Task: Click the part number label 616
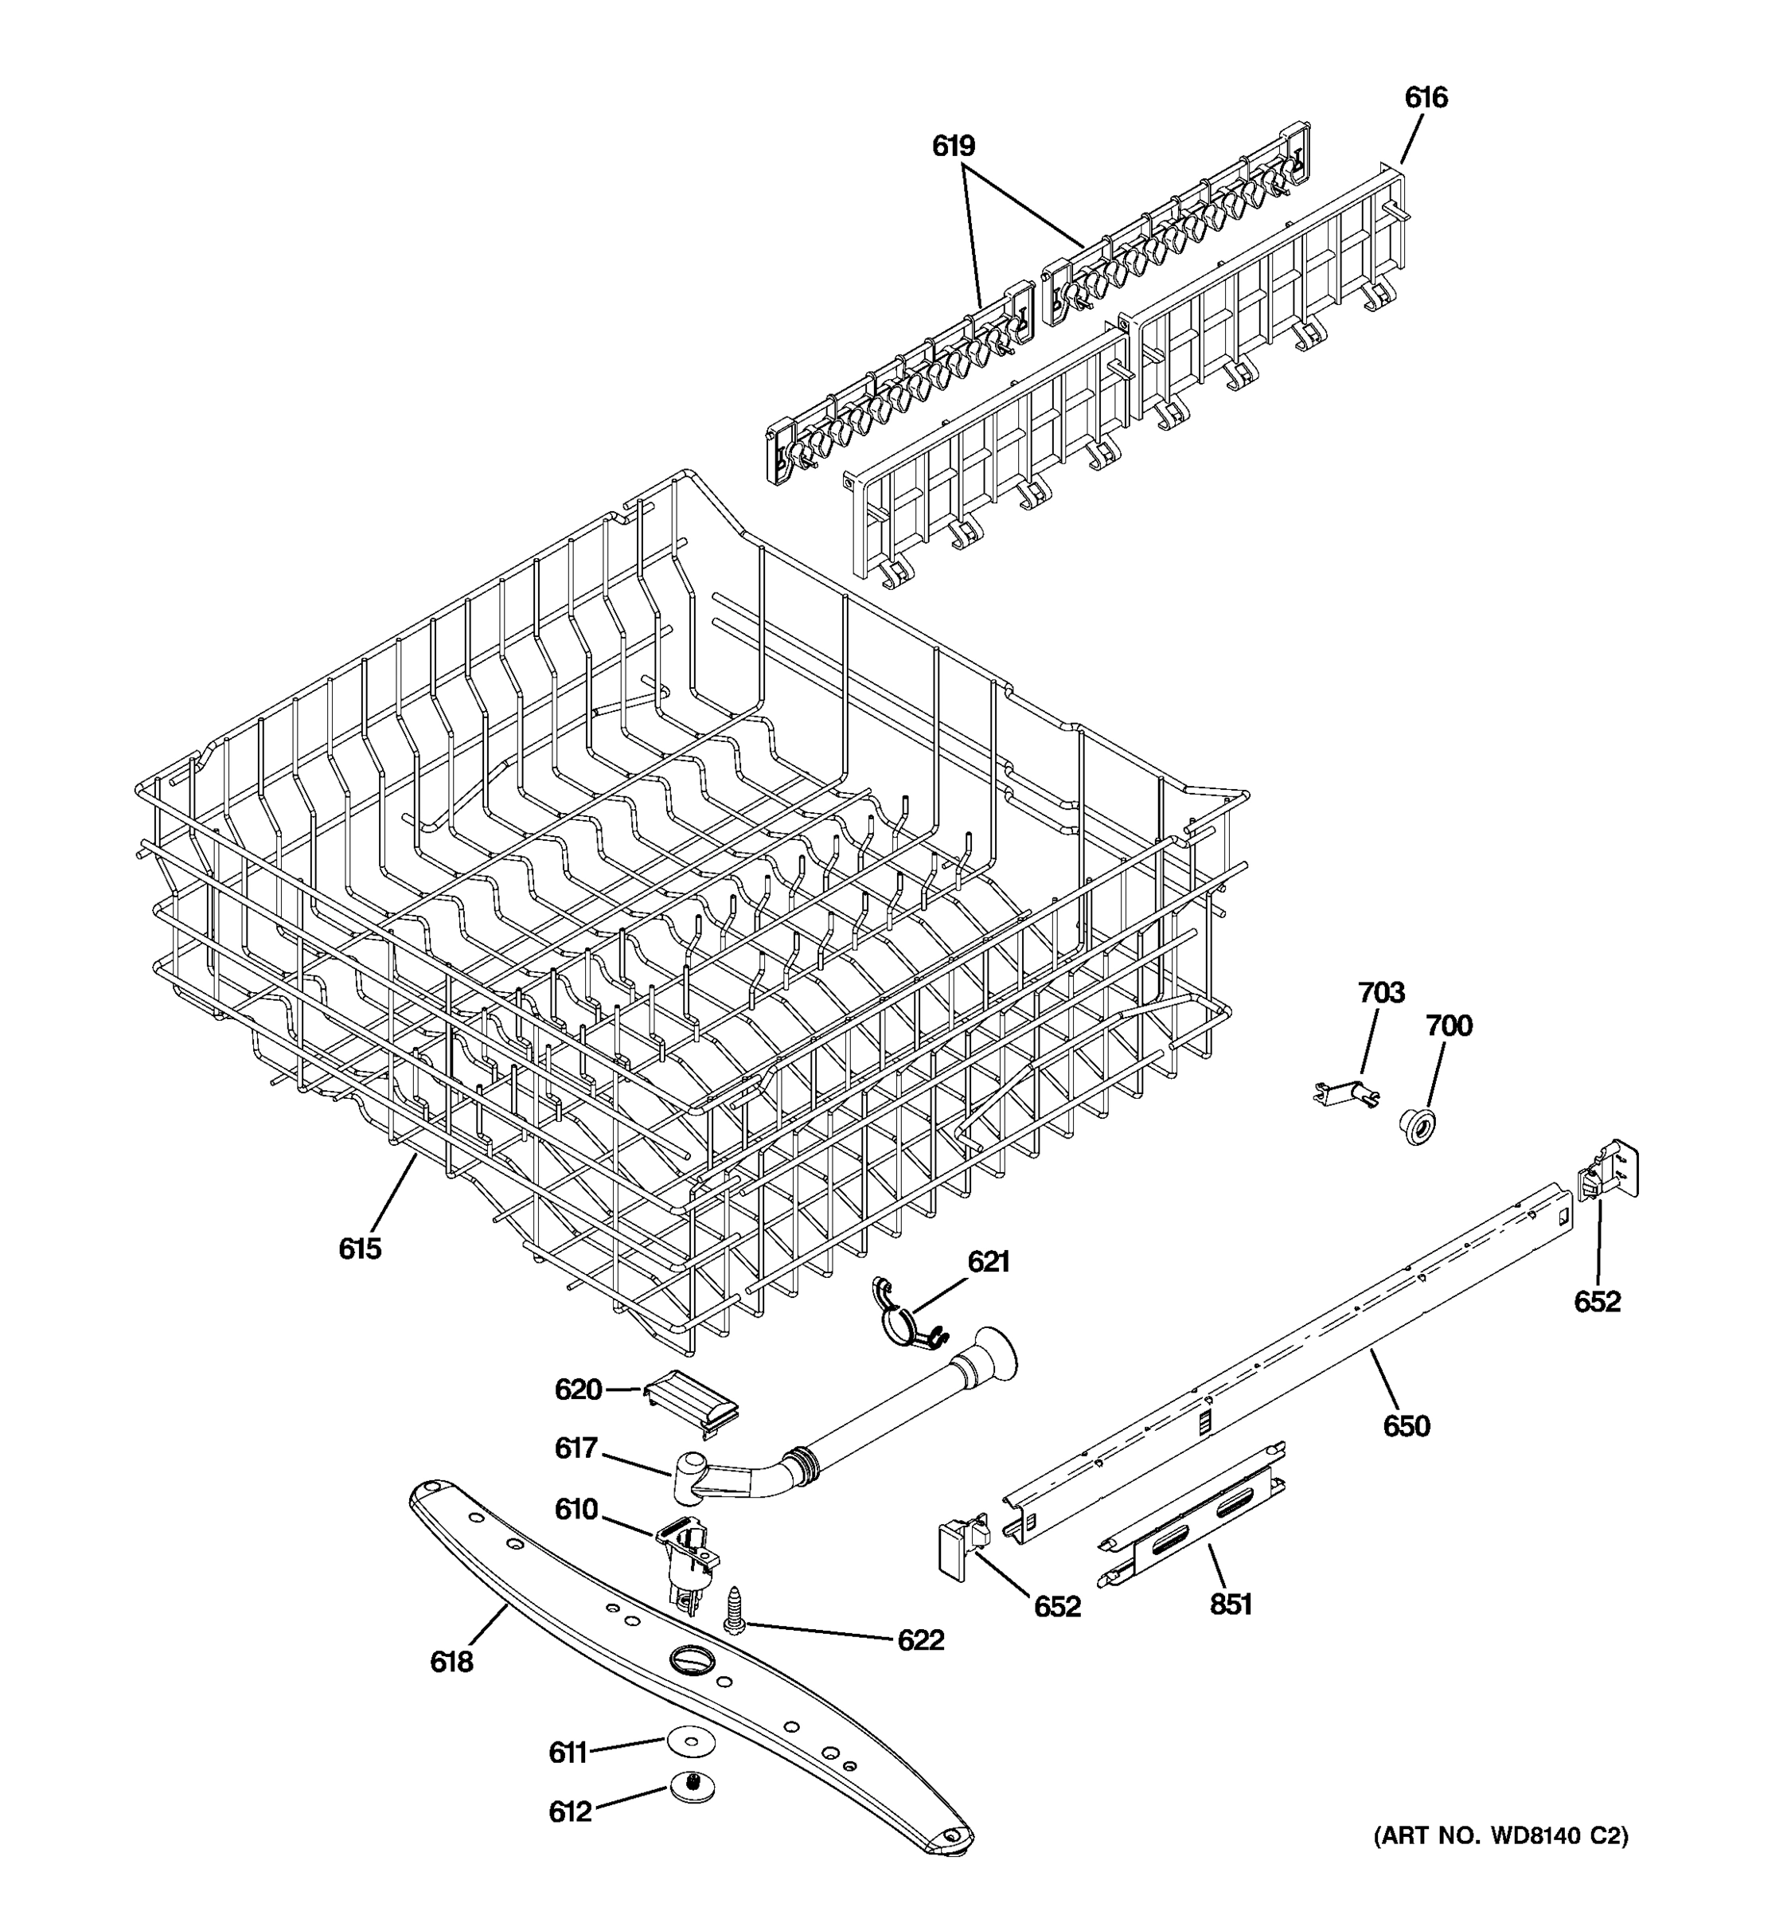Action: (x=1426, y=98)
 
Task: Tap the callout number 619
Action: (x=953, y=147)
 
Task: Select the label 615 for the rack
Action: (x=359, y=1249)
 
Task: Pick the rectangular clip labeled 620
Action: (x=690, y=1404)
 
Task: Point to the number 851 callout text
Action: (x=1230, y=1604)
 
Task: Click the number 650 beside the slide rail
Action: (x=1406, y=1425)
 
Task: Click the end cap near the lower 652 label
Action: (x=959, y=1545)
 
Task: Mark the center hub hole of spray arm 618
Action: (x=685, y=1659)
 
